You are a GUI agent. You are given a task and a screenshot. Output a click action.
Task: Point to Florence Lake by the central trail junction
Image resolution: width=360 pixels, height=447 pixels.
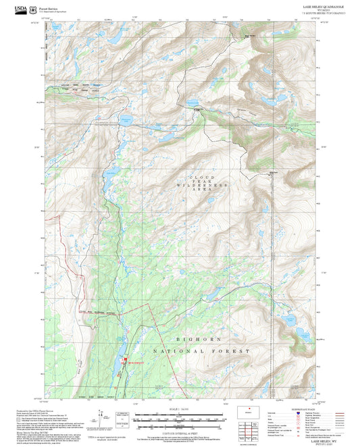pos(192,105)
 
